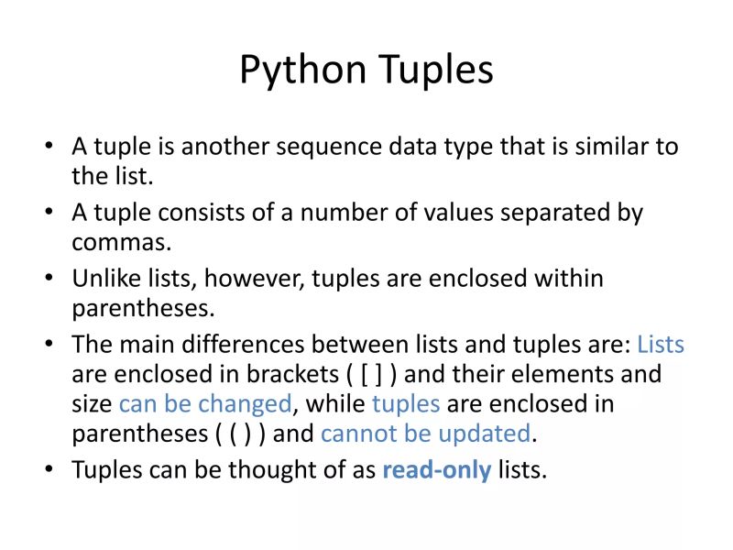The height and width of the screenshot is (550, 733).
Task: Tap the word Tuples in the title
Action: coord(432,71)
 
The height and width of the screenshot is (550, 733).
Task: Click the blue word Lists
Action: coord(660,345)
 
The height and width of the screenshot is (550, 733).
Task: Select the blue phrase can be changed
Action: coord(205,404)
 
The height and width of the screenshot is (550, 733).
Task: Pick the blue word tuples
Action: coord(406,404)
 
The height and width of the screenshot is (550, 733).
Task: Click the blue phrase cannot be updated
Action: coord(425,433)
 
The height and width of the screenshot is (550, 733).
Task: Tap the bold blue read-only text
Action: coord(436,470)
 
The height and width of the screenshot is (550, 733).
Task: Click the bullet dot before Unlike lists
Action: coord(49,279)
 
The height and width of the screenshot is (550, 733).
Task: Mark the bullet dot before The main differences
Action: coord(49,346)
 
